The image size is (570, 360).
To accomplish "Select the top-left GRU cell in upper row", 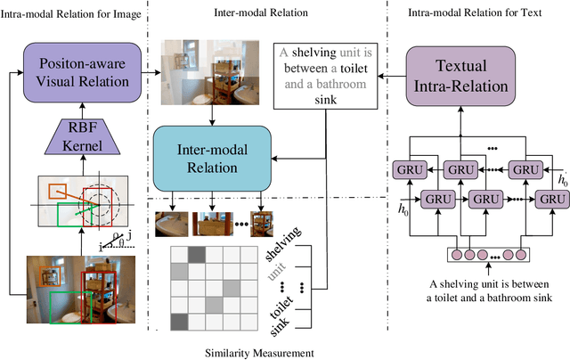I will pyautogui.click(x=404, y=170).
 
